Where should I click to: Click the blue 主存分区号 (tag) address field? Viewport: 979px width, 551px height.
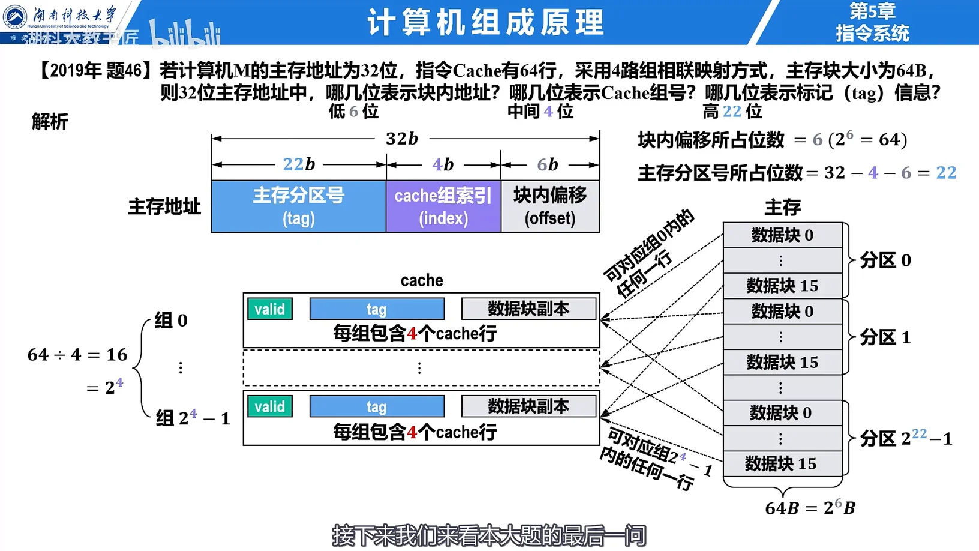tap(298, 206)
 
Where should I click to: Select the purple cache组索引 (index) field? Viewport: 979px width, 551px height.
tap(443, 206)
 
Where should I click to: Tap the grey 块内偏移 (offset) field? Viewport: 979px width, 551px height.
tap(550, 206)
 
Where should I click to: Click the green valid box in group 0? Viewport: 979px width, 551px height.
tap(269, 309)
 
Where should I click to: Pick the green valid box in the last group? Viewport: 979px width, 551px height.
tap(269, 406)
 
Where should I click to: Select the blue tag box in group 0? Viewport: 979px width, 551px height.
tap(377, 309)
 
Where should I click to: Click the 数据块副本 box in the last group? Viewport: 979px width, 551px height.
tap(528, 406)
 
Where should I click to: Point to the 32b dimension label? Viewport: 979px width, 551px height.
tap(402, 139)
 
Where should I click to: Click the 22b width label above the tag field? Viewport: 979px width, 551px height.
tap(299, 164)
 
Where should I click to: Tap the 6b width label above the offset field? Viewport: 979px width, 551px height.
tap(547, 164)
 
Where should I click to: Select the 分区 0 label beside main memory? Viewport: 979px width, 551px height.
tap(885, 260)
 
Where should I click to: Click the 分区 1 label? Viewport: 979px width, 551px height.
tap(885, 337)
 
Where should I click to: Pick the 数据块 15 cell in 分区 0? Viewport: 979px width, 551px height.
tap(782, 286)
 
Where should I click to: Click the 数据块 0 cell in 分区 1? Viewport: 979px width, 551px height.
tap(782, 312)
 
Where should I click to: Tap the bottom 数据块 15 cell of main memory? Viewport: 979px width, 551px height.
tap(781, 463)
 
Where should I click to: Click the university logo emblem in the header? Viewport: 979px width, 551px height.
tap(15, 17)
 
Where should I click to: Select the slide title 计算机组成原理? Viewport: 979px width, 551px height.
tap(485, 22)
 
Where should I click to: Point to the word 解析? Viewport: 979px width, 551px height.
tap(50, 122)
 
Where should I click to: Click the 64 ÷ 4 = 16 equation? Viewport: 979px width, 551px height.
tap(77, 355)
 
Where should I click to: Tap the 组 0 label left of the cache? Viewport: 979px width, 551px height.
tap(171, 320)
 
